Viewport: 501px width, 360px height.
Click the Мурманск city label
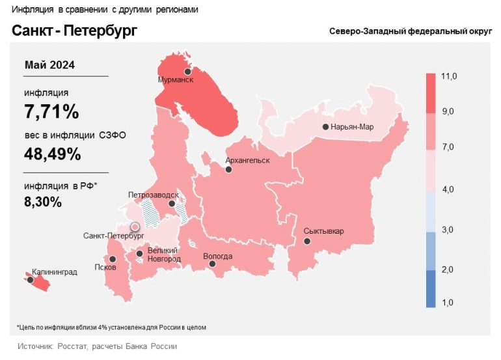tap(176, 80)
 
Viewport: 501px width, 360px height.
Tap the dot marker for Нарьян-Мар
tap(325, 127)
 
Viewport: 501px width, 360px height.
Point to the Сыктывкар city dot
tap(308, 241)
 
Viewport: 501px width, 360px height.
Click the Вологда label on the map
tap(217, 256)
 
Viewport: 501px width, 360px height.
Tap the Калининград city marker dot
tap(30, 280)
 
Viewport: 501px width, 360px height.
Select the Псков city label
tap(105, 267)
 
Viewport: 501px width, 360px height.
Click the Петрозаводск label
tap(154, 194)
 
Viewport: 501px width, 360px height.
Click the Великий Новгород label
tap(164, 255)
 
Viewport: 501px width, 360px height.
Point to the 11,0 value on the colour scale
tap(449, 77)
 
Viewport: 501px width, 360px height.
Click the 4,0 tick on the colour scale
tap(449, 189)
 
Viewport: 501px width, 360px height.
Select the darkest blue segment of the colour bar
tap(431, 288)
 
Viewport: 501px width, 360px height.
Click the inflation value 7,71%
tap(51, 112)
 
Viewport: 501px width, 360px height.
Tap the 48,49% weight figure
tap(52, 154)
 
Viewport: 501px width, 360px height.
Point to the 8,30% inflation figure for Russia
tap(43, 202)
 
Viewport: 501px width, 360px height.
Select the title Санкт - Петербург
tap(74, 31)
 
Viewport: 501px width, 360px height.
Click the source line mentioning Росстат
tap(97, 346)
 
